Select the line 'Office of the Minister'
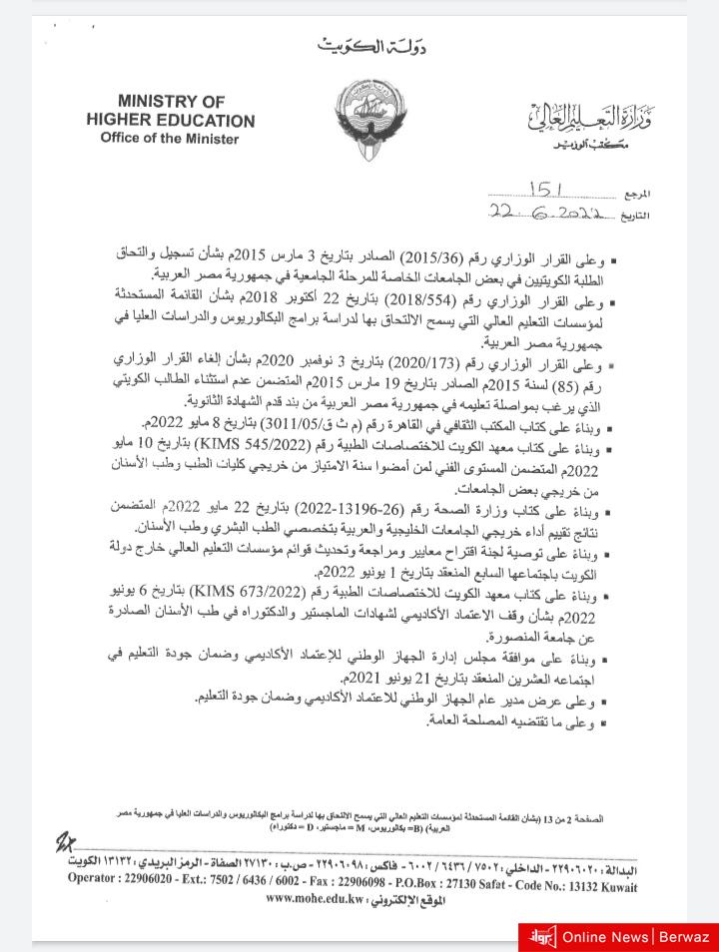click(x=170, y=139)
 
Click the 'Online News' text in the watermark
click(x=605, y=937)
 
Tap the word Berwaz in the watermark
click(x=685, y=937)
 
